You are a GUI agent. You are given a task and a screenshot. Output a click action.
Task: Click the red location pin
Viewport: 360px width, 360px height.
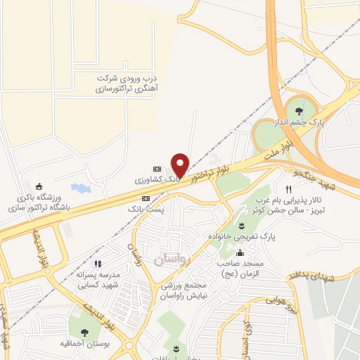[181, 165]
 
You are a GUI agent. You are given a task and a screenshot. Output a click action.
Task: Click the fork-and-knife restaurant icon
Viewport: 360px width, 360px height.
[288, 190]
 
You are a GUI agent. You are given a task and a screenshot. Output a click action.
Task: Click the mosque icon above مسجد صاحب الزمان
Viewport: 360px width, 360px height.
[241, 252]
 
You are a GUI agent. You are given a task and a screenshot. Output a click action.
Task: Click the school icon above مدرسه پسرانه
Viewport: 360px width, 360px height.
[98, 264]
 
